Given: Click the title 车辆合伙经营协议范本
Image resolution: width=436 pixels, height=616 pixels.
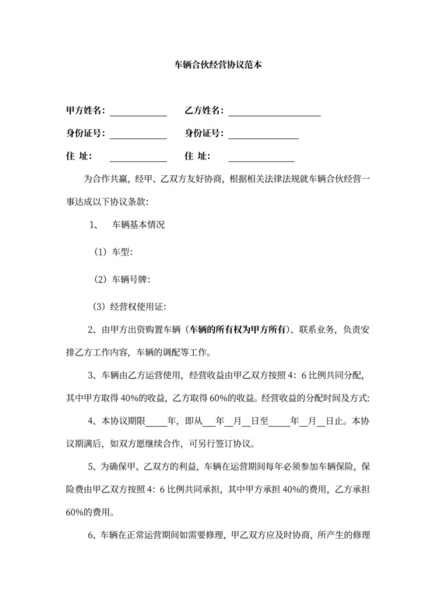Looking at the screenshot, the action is tap(217, 68).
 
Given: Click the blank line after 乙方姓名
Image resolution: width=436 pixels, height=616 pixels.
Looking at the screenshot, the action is tap(274, 114).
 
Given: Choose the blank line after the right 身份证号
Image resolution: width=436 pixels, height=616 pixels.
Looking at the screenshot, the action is tap(263, 137).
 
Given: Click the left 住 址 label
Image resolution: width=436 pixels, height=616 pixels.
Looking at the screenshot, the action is tap(80, 156).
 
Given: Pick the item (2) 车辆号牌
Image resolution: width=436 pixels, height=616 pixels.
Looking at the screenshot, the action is tap(121, 278).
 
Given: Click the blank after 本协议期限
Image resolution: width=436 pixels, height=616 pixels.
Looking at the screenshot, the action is tap(157, 424).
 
